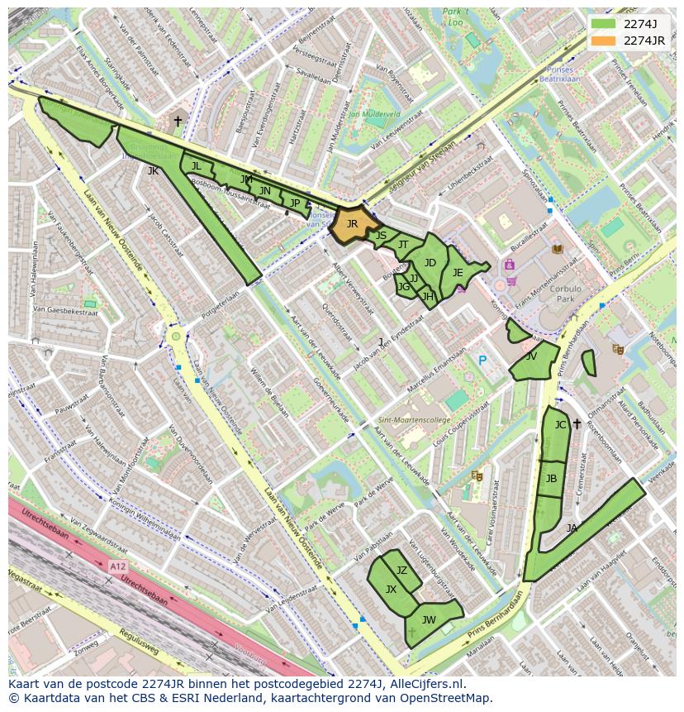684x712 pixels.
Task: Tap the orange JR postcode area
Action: click(x=352, y=225)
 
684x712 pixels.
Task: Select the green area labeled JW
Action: click(x=429, y=619)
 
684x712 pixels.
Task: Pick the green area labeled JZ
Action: click(x=402, y=570)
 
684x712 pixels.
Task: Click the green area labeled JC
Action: click(x=559, y=426)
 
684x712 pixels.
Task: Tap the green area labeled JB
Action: click(x=551, y=479)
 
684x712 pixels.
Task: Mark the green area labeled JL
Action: click(x=196, y=165)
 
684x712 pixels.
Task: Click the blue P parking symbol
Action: click(x=482, y=361)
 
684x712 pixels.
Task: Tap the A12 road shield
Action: click(x=117, y=566)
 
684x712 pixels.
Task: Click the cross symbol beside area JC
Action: click(x=577, y=424)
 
